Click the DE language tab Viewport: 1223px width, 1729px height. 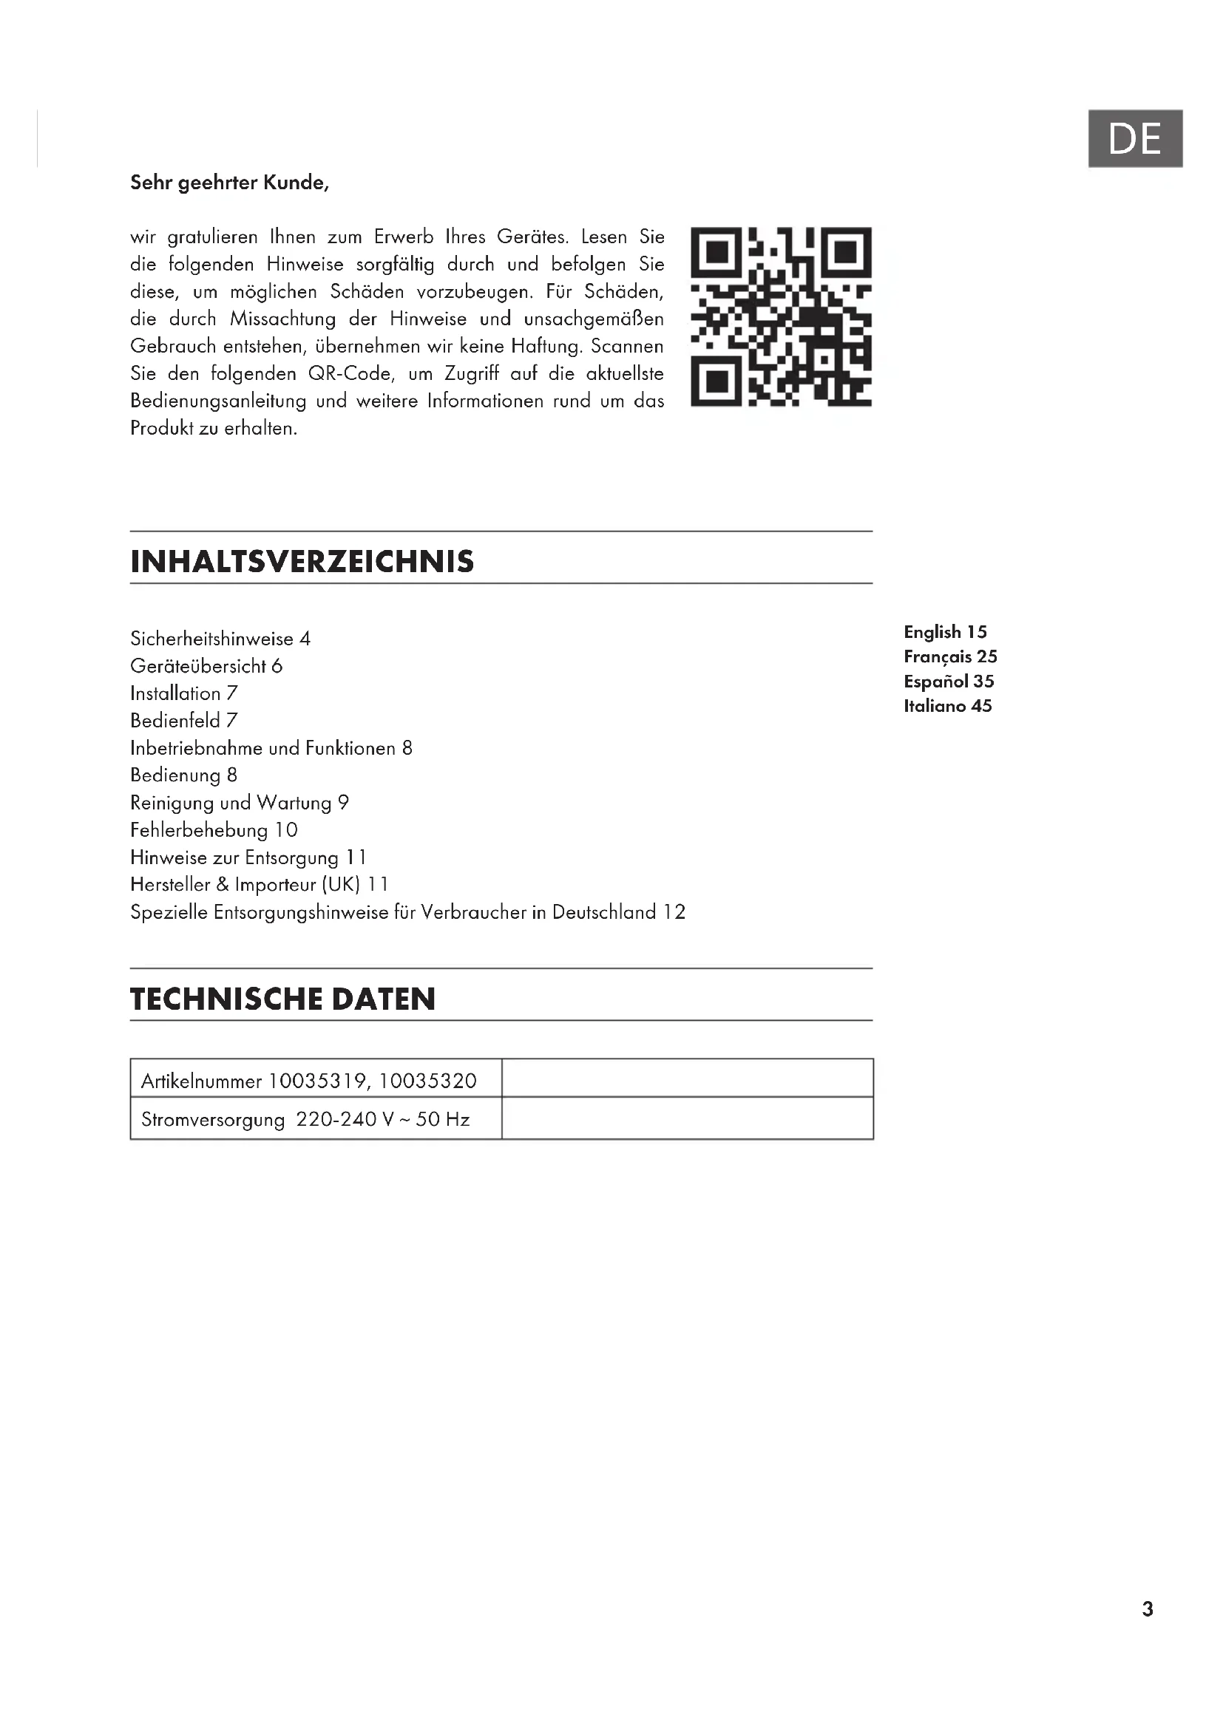pyautogui.click(x=1135, y=138)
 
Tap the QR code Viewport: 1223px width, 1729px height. pyautogui.click(x=781, y=317)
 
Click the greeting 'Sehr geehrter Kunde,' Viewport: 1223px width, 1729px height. pyautogui.click(x=230, y=183)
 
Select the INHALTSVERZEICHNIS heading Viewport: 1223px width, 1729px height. pyautogui.click(x=302, y=562)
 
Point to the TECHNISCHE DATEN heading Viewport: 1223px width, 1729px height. pyautogui.click(x=283, y=999)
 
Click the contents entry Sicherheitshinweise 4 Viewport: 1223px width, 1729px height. pyautogui.click(x=220, y=639)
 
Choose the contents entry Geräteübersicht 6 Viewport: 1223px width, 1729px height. pyautogui.click(x=206, y=667)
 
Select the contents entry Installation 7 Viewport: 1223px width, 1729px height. pyautogui.click(x=184, y=693)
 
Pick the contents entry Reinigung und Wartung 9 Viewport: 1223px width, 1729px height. pyautogui.click(x=240, y=803)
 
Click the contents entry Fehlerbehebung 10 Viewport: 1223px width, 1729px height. pyautogui.click(x=214, y=831)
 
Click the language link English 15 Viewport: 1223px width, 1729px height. pyautogui.click(x=945, y=633)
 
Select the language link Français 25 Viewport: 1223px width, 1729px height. pyautogui.click(x=950, y=656)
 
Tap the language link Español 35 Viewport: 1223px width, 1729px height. pyautogui.click(x=949, y=682)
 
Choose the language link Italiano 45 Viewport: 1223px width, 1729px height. pyautogui.click(x=947, y=707)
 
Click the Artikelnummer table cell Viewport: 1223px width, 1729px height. pyautogui.click(x=309, y=1081)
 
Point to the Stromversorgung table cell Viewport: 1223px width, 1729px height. pyautogui.click(x=305, y=1120)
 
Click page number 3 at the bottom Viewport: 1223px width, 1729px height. pyautogui.click(x=1148, y=1609)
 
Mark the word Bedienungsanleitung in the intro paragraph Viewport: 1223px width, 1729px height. pyautogui.click(x=218, y=401)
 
